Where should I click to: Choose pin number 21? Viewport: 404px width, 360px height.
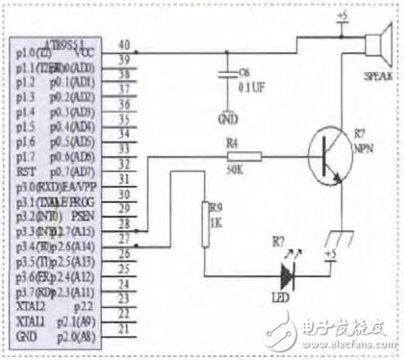coord(123,327)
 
